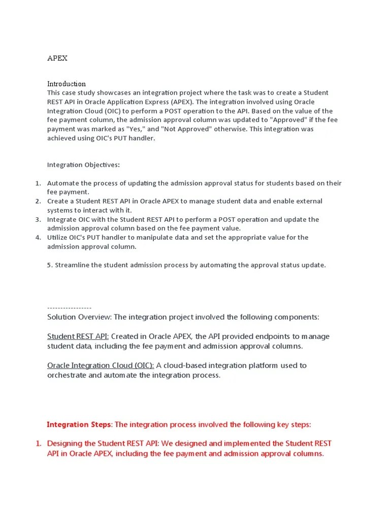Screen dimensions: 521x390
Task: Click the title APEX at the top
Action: pyautogui.click(x=57, y=58)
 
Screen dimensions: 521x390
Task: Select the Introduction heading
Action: pyautogui.click(x=67, y=83)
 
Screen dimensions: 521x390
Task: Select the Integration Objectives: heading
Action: pyautogui.click(x=83, y=165)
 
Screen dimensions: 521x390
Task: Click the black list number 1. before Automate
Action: pyautogui.click(x=38, y=183)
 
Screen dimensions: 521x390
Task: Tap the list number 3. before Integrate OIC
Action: pyautogui.click(x=38, y=219)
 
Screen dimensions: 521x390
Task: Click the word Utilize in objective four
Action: pyautogui.click(x=57, y=238)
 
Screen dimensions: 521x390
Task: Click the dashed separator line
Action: pyautogui.click(x=69, y=307)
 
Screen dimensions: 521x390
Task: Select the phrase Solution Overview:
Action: pyautogui.click(x=79, y=317)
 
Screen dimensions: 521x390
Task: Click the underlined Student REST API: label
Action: pyautogui.click(x=78, y=336)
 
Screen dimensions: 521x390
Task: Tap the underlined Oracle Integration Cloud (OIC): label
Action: pyautogui.click(x=100, y=365)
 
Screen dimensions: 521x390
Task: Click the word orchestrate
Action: pyautogui.click(x=67, y=375)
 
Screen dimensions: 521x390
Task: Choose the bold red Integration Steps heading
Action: pyautogui.click(x=79, y=424)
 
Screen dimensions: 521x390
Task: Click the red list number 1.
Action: pyautogui.click(x=38, y=444)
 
